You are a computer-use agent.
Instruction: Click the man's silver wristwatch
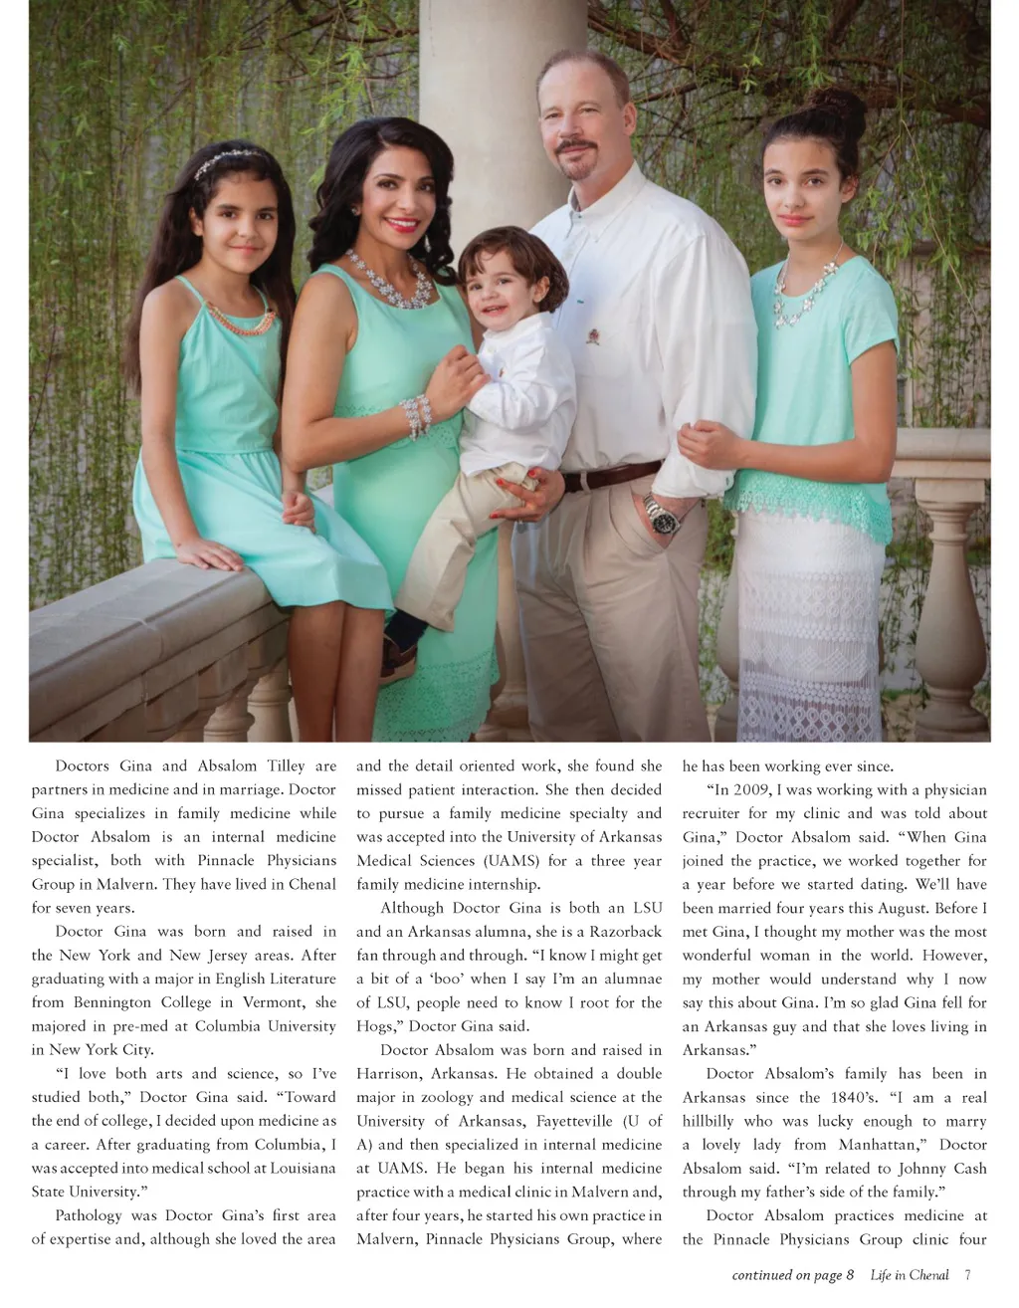[660, 514]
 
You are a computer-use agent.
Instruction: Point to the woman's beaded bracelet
[416, 414]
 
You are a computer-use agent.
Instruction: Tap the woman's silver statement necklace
[391, 280]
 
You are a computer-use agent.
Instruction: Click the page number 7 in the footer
[967, 1275]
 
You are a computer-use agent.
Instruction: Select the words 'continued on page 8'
[792, 1275]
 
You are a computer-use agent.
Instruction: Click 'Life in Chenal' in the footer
[910, 1275]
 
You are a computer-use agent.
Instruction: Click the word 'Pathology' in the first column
[89, 1215]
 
